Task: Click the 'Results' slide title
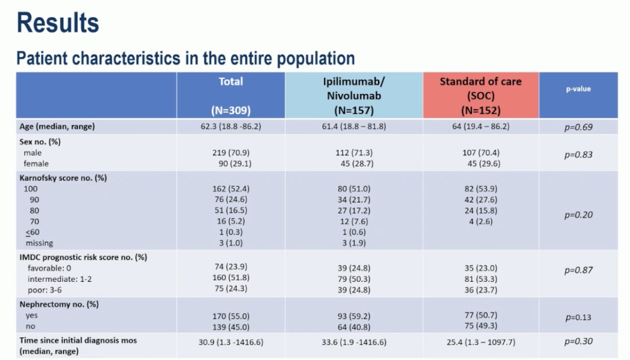[x=58, y=23]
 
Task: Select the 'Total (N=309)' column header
[x=231, y=96]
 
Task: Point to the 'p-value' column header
[x=578, y=89]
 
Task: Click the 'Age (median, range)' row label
[x=57, y=127]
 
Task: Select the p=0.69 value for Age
[x=578, y=127]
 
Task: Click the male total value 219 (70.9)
[x=231, y=153]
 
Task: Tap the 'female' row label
[x=36, y=164]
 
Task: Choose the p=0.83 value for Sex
[x=578, y=155]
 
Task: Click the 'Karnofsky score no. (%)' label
[x=63, y=178]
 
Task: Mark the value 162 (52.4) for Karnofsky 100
[x=231, y=188]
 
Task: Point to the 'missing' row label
[x=39, y=243]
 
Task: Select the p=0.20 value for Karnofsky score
[x=578, y=215]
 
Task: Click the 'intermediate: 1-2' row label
[x=60, y=279]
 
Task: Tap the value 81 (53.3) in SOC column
[x=481, y=279]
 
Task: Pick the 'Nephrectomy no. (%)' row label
[x=59, y=304]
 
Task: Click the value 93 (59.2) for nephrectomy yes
[x=354, y=316]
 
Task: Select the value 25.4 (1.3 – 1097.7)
[x=481, y=342]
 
